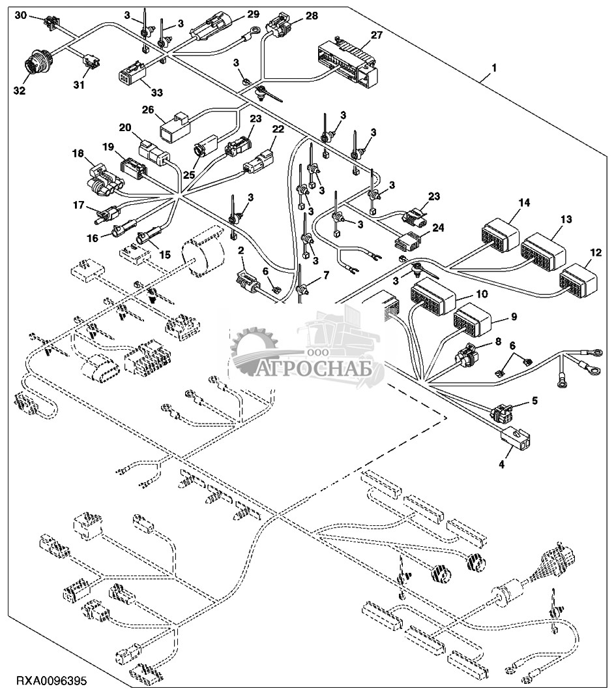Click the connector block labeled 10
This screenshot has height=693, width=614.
[433, 297]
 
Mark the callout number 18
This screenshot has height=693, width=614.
[78, 153]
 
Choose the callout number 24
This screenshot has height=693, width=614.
[438, 228]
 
